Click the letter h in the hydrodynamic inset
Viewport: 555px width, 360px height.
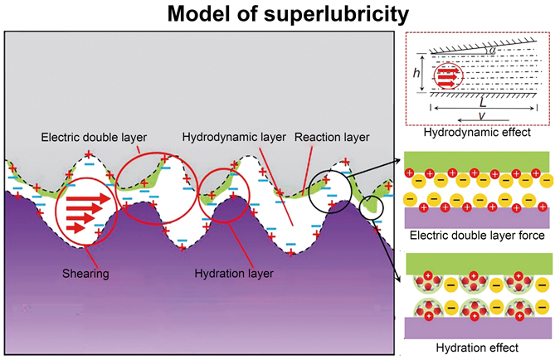coord(416,74)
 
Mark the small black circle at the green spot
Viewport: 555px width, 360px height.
coord(373,204)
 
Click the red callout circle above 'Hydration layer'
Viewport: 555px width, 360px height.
coord(223,197)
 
